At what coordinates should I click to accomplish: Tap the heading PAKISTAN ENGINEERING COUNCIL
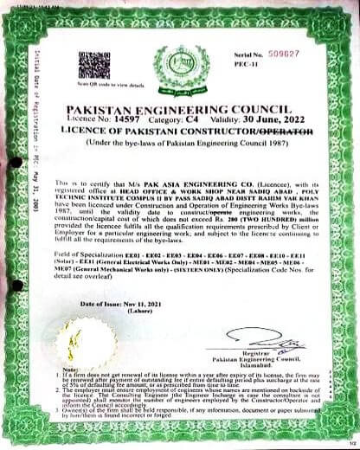(x=180, y=110)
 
